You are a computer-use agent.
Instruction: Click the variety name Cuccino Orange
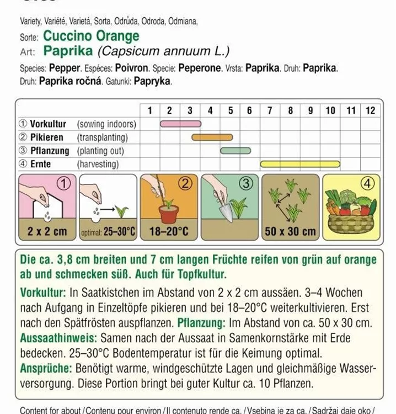click(91, 36)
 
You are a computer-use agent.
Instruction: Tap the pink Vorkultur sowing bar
click(180, 124)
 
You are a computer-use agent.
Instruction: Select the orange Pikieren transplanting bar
click(212, 137)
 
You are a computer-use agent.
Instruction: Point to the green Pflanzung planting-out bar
click(236, 150)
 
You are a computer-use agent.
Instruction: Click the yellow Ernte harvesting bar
click(300, 163)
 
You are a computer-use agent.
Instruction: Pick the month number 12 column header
click(370, 110)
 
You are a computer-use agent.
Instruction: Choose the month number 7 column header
click(270, 110)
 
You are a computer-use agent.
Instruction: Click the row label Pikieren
click(46, 137)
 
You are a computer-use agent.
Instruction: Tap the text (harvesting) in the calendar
click(98, 164)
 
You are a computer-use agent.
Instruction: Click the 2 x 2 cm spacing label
click(47, 231)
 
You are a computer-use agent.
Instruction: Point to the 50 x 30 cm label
click(290, 231)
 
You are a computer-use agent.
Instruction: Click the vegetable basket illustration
click(351, 215)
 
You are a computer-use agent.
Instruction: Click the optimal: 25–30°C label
click(108, 232)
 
